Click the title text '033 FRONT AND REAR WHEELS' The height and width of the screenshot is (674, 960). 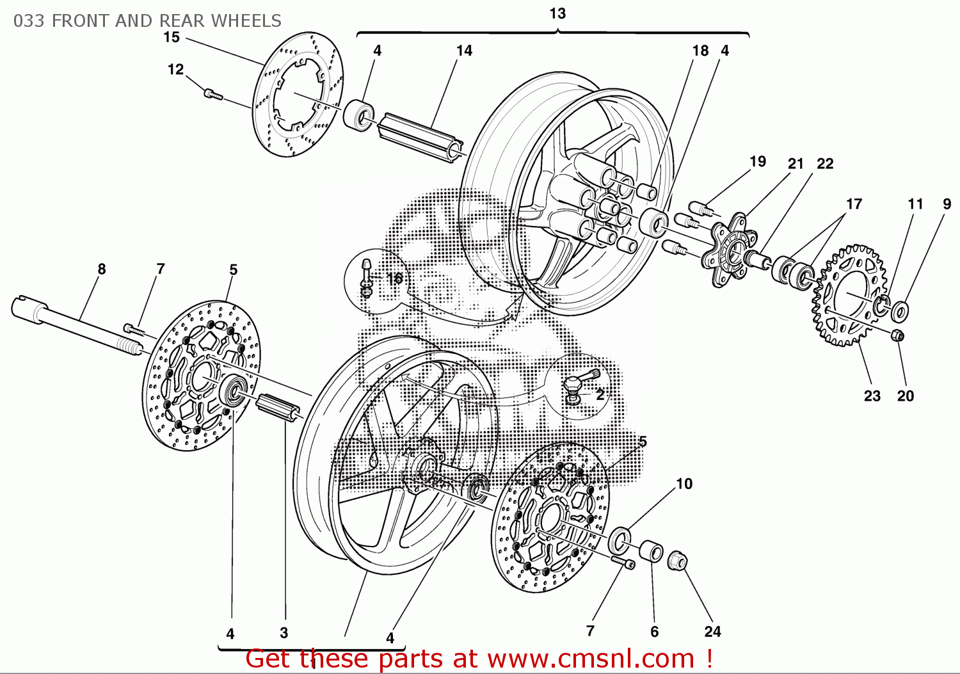[x=147, y=21]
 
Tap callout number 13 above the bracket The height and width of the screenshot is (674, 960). [x=557, y=13]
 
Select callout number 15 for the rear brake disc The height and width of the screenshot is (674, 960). [x=172, y=37]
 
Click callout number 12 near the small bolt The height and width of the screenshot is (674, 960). [x=175, y=69]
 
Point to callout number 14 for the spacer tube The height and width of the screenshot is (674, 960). [x=464, y=51]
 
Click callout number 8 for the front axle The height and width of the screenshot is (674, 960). [x=102, y=269]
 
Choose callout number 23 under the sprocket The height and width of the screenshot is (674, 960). [x=872, y=396]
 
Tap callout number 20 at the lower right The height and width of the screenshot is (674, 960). [x=905, y=396]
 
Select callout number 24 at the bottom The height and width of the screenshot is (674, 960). [x=712, y=632]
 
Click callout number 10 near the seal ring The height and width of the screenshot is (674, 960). [x=684, y=484]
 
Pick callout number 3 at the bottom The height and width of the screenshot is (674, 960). [x=284, y=633]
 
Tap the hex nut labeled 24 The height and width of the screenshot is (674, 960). [x=677, y=561]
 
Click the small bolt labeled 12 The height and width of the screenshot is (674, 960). [x=212, y=94]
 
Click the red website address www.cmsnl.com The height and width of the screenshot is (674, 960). [x=591, y=659]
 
